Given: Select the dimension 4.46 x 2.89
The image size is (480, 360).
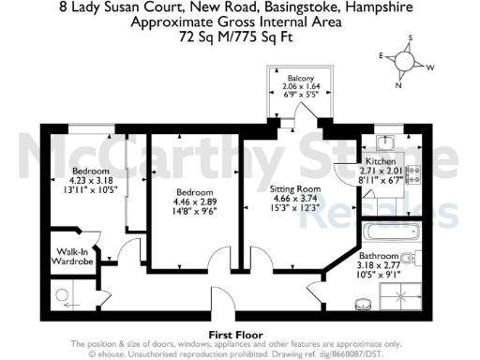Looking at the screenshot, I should point(196,202).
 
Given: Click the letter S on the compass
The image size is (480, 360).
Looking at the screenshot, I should point(409,37).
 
